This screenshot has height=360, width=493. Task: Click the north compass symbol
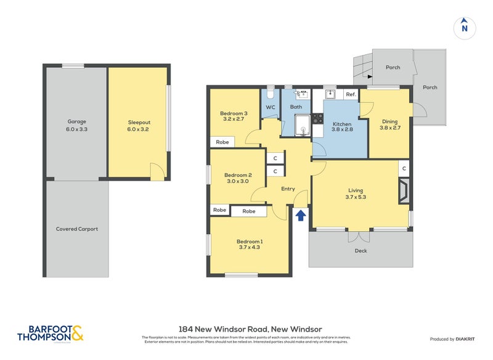coord(465,28)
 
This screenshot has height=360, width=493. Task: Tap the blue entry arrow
coord(301,215)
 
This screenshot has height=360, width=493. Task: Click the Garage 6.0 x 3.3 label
coord(77,126)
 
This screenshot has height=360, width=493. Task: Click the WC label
coord(271,107)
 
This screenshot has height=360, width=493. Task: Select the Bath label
coord(296,107)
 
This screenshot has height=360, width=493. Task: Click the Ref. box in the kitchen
coord(351,94)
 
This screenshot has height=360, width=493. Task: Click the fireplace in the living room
coord(403,191)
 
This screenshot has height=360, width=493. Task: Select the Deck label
coord(361,251)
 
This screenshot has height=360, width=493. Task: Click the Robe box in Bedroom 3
coord(222,142)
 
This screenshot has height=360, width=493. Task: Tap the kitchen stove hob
coord(317,118)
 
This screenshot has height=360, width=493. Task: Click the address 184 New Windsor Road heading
coord(250,329)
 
